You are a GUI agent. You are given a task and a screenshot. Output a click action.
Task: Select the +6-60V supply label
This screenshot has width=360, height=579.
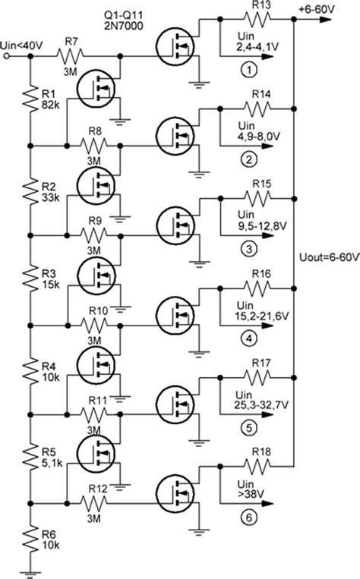tap(330, 8)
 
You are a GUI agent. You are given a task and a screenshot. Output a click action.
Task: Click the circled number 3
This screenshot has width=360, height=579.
tap(245, 247)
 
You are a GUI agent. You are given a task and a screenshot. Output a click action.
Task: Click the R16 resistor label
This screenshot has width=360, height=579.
tap(261, 274)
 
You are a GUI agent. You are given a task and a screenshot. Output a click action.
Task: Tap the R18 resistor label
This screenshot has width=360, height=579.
tap(261, 452)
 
